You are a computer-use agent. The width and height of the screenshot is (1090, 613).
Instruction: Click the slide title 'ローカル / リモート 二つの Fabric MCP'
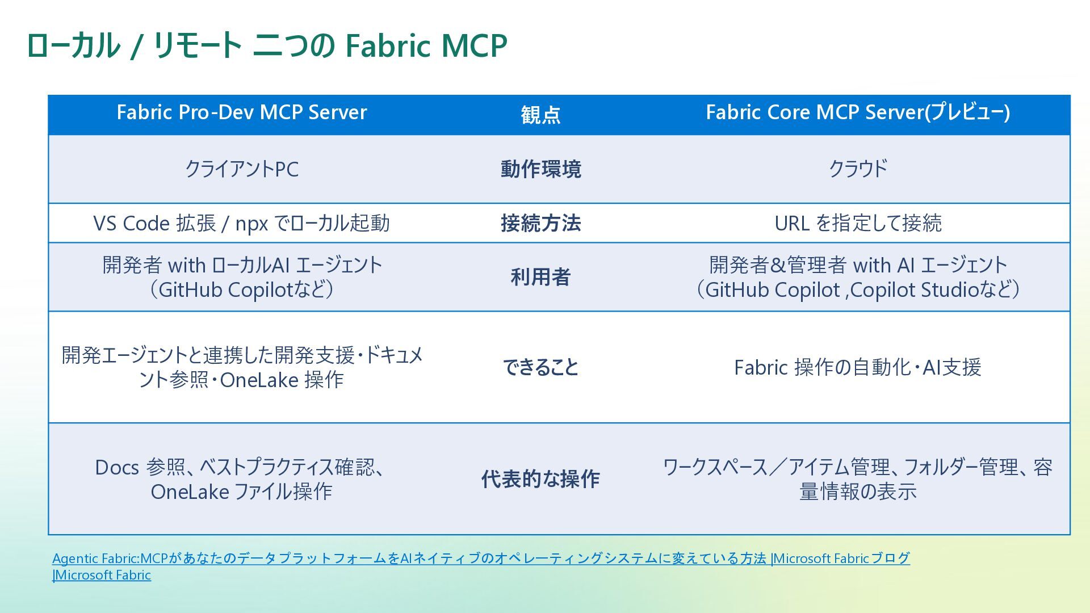point(266,45)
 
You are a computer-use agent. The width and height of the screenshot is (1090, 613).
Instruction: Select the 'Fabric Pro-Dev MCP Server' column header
point(241,112)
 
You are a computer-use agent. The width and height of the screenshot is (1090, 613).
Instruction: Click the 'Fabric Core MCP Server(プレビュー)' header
point(857,112)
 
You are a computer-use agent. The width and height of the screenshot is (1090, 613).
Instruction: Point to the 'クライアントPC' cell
point(241,169)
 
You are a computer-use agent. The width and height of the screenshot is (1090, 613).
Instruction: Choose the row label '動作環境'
point(540,169)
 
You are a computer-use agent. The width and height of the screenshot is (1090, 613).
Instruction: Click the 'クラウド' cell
point(857,169)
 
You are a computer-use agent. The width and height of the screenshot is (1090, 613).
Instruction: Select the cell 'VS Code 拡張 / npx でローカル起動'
point(241,223)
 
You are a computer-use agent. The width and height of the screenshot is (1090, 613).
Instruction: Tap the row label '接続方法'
point(540,223)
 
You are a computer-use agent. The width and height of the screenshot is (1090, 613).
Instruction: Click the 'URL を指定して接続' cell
point(857,223)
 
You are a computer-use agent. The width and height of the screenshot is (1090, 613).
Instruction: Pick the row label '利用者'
point(540,277)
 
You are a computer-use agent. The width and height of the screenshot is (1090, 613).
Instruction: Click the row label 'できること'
point(540,367)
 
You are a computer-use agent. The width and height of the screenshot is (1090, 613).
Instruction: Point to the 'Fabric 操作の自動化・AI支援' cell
point(857,367)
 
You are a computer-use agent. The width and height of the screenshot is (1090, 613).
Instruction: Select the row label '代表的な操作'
point(540,479)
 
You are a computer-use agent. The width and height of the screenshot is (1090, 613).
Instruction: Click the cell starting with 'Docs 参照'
point(241,479)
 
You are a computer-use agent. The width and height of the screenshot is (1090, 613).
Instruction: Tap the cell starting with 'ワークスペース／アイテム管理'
point(857,479)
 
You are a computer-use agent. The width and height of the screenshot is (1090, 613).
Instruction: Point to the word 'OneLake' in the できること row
point(259,380)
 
